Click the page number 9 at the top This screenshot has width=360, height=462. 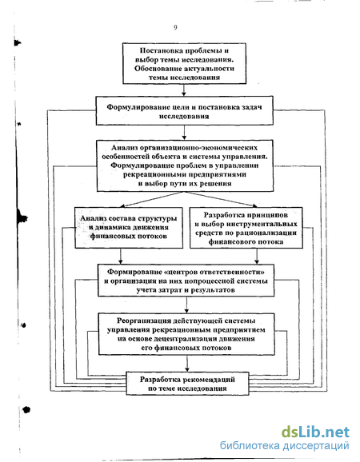coord(175,27)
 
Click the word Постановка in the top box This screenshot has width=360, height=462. coord(158,50)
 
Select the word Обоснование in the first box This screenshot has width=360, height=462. coord(158,69)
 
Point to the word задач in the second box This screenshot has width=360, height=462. coord(252,107)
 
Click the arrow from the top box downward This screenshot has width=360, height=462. coord(184,90)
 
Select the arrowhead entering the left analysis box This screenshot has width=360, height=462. coord(123,205)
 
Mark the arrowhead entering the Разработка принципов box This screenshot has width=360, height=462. coord(254,205)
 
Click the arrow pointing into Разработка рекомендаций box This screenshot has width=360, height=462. coord(187,364)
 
